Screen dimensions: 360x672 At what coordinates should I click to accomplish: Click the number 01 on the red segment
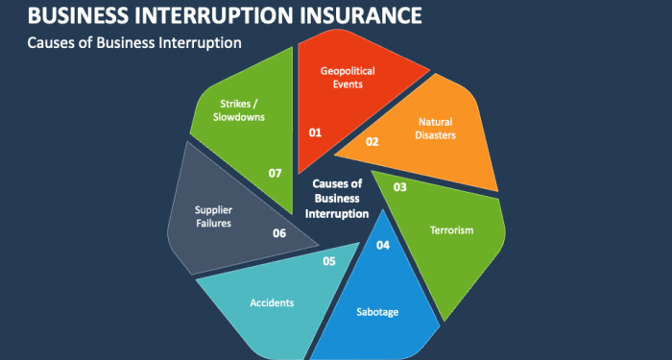[x=315, y=132]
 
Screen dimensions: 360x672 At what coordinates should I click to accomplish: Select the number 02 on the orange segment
[x=372, y=142]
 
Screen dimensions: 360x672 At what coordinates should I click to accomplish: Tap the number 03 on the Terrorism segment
[x=400, y=187]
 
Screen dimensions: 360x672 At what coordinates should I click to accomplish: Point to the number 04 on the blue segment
[x=383, y=245]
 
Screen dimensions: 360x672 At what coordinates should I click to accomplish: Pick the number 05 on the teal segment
[x=329, y=260]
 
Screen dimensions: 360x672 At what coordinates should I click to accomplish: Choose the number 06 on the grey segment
[x=279, y=232]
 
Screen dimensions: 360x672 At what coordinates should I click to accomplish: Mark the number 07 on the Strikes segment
[x=276, y=173]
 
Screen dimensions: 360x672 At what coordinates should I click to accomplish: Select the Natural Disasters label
[x=436, y=129]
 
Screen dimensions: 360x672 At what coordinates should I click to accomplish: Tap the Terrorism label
[x=451, y=230]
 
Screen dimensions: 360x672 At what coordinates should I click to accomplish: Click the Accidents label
[x=272, y=302]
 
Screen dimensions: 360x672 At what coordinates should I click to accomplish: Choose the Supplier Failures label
[x=213, y=216]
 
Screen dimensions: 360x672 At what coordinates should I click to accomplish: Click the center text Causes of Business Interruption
[x=337, y=198]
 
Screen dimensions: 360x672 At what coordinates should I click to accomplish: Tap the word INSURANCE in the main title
[x=348, y=15]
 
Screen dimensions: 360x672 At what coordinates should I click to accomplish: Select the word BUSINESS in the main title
[x=72, y=15]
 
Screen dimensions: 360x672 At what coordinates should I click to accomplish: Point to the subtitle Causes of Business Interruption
[x=134, y=43]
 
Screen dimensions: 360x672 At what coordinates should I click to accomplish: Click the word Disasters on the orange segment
[x=437, y=135]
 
